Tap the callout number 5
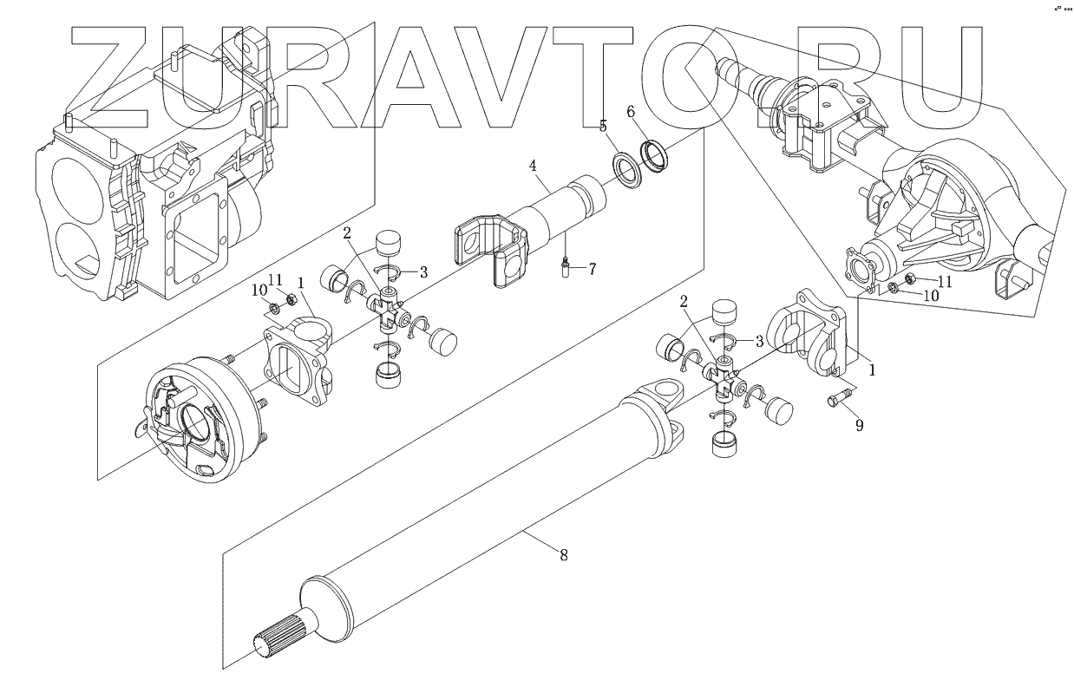602,127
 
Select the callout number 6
631,111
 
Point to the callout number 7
592,269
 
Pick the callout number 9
859,425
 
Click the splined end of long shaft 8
275,637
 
